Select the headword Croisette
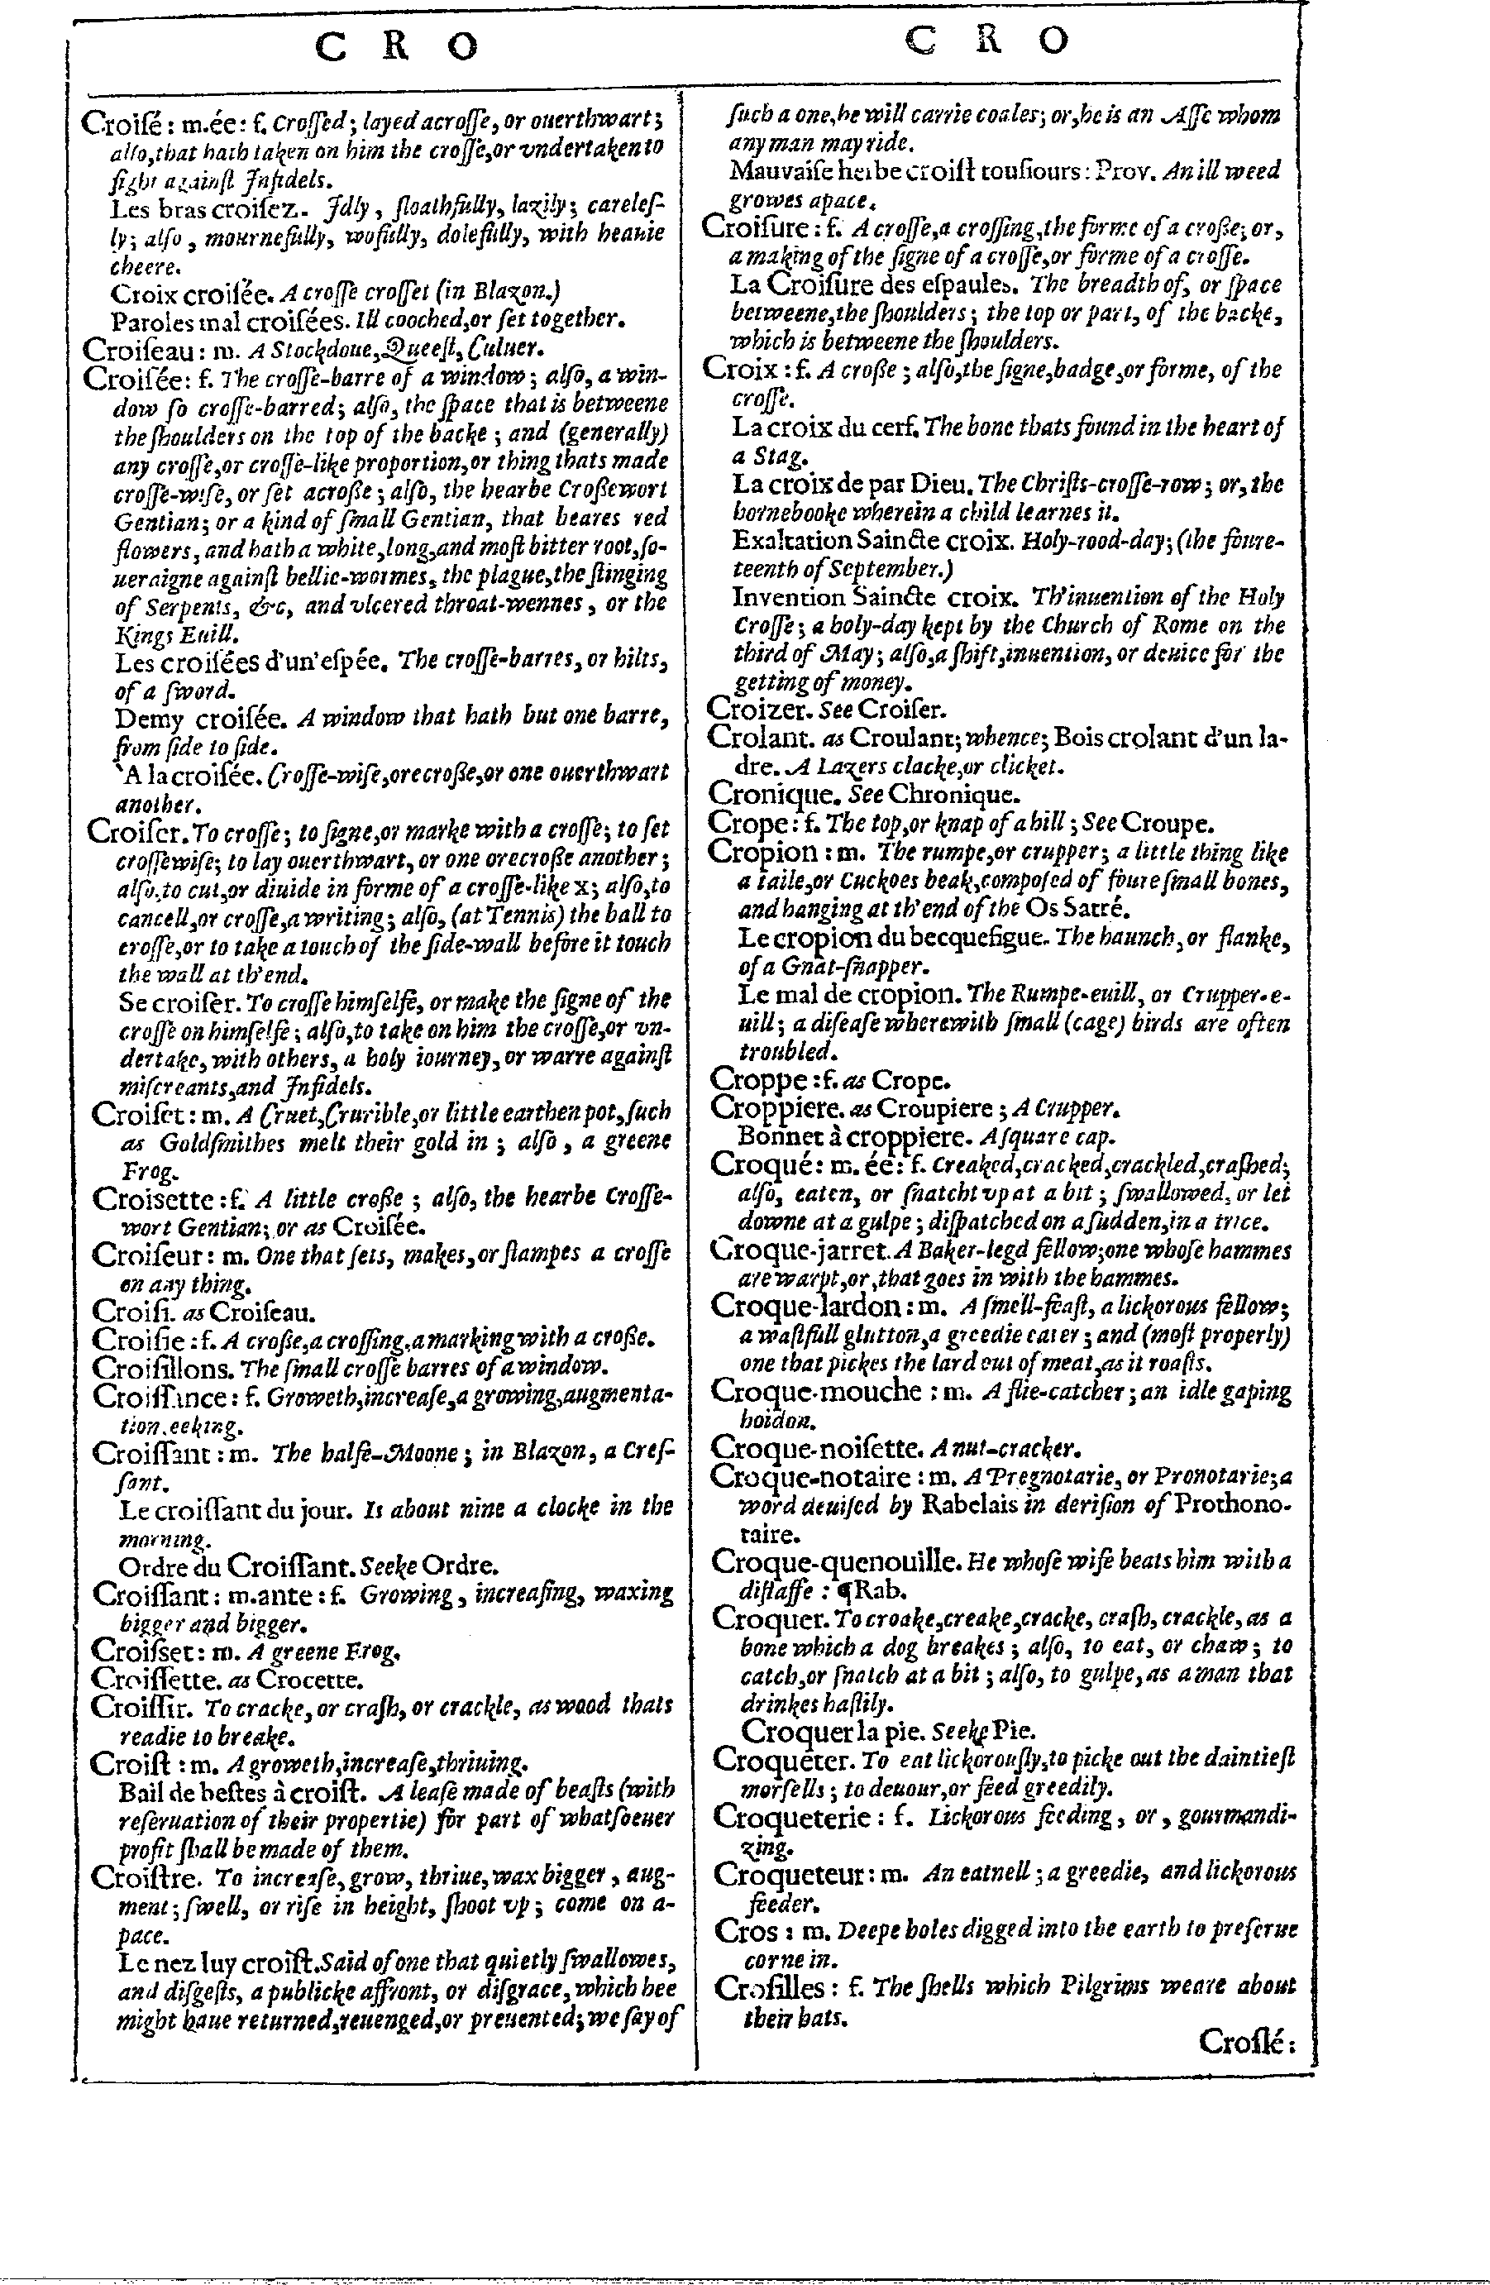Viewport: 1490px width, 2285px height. (x=153, y=1199)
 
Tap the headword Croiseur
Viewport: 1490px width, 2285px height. (x=149, y=1255)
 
